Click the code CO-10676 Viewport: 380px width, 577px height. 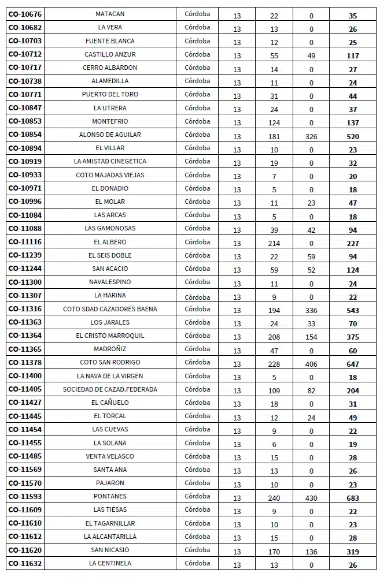[x=25, y=14]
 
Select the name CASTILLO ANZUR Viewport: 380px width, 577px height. [x=110, y=54]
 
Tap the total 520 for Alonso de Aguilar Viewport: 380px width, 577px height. [x=353, y=136]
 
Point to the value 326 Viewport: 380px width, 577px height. [x=311, y=136]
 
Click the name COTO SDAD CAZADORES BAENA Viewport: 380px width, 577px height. [x=110, y=309]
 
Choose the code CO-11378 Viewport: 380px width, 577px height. [x=25, y=362]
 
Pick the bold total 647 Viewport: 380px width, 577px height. [x=353, y=364]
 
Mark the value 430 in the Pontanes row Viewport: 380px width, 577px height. [x=311, y=498]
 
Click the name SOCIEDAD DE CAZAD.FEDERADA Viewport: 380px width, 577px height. [x=110, y=389]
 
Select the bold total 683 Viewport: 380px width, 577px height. [x=353, y=498]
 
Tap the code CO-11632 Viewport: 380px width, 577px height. [x=25, y=563]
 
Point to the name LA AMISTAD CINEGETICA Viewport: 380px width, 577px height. [x=110, y=161]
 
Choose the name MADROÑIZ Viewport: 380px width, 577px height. [x=110, y=349]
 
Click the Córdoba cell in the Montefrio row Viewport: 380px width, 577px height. [x=197, y=121]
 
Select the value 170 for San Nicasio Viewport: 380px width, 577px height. [x=274, y=552]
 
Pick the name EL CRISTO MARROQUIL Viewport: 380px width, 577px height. [x=110, y=336]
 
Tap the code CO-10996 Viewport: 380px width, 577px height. [x=25, y=202]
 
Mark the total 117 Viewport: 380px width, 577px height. [x=353, y=56]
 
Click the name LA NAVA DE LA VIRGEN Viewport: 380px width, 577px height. [x=110, y=376]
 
